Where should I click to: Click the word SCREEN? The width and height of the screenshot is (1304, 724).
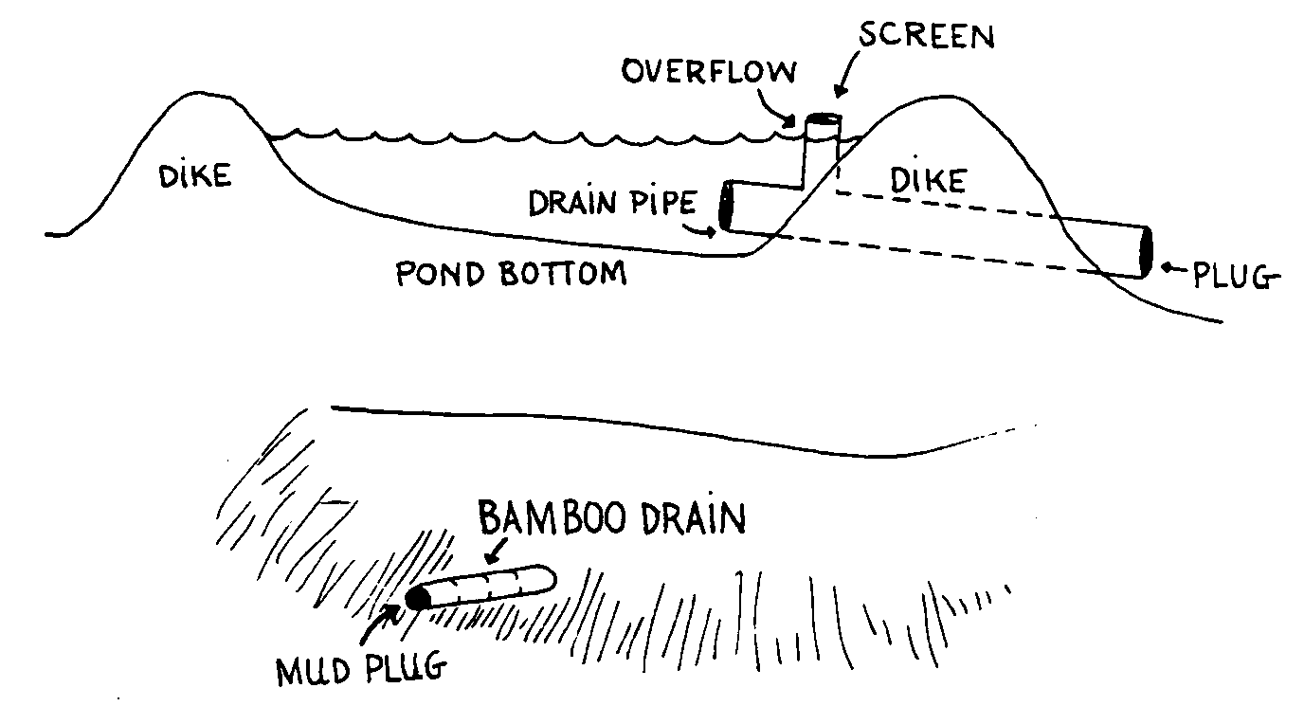click(x=927, y=37)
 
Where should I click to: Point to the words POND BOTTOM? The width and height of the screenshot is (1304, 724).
click(x=511, y=274)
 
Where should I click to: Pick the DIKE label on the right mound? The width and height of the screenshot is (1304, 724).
click(x=929, y=180)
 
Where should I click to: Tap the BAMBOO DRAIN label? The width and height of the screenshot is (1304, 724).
click(x=612, y=519)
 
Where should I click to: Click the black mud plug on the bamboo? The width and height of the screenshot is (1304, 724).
click(x=417, y=598)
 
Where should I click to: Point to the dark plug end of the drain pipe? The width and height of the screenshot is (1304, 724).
click(x=1146, y=252)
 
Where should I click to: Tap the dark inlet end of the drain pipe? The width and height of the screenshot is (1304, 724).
click(x=727, y=206)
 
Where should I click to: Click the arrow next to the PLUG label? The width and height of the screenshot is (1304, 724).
click(x=1175, y=272)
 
